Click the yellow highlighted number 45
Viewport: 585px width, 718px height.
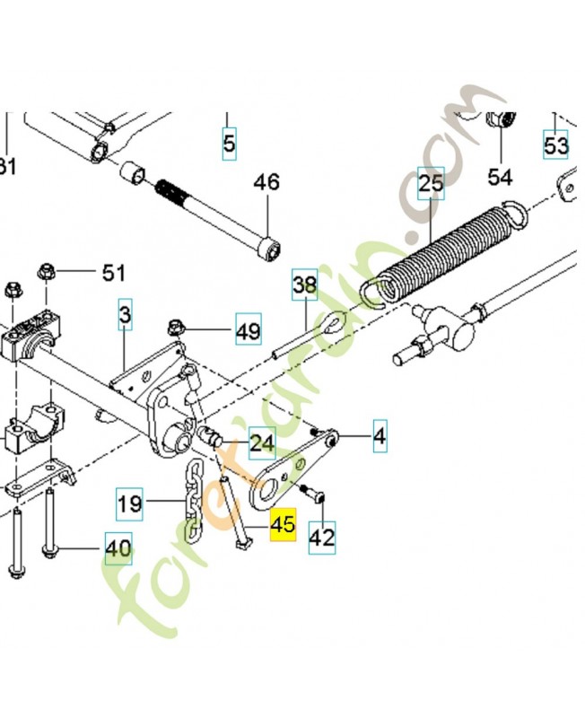[x=283, y=524]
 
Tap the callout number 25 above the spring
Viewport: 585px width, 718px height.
[x=431, y=187]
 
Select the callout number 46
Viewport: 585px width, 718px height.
[x=266, y=182]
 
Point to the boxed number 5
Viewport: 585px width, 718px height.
[x=230, y=144]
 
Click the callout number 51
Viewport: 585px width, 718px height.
[x=114, y=272]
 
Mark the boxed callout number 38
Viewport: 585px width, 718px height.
[x=305, y=286]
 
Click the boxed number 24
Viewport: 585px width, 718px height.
[x=262, y=442]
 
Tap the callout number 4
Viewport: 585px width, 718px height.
[x=380, y=437]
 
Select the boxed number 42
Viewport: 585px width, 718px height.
[x=321, y=537]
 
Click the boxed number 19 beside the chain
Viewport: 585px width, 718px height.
[x=131, y=504]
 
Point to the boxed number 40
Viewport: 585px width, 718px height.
[x=118, y=547]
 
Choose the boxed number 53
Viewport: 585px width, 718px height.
[x=555, y=144]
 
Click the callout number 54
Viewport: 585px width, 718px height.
[x=499, y=177]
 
